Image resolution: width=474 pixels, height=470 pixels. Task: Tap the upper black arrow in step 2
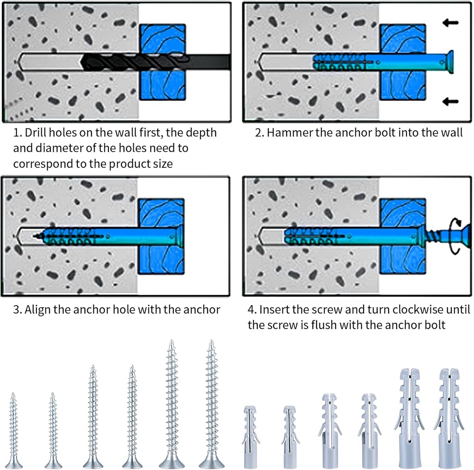click(450, 22)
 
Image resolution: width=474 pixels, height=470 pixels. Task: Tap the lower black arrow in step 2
click(450, 100)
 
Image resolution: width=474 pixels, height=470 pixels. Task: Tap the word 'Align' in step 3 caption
click(37, 310)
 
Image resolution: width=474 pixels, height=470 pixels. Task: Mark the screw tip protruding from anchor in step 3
click(37, 235)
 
